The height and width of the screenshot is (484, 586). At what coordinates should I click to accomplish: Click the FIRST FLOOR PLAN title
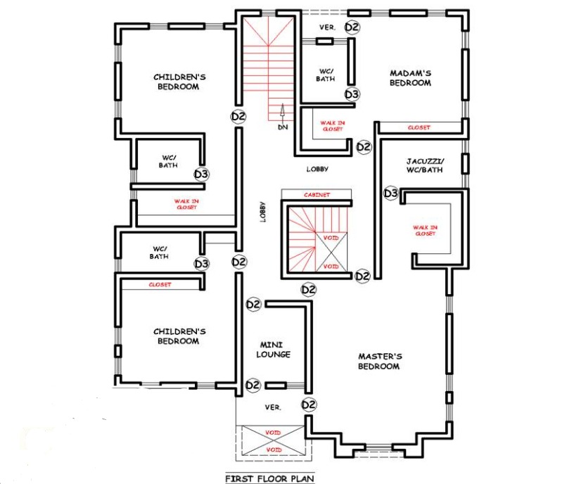point(269,478)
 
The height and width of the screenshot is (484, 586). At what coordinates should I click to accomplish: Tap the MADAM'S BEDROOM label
point(410,78)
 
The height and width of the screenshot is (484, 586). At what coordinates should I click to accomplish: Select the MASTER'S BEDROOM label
point(379,361)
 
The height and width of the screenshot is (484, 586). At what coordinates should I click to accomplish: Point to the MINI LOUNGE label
point(273,349)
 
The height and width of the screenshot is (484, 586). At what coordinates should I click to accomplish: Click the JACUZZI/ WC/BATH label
point(425,165)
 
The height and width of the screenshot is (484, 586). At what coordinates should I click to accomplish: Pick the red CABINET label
point(317,195)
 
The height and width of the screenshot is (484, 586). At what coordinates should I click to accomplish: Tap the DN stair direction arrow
point(283,113)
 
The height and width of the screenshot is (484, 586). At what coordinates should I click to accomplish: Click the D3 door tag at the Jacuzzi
point(391,193)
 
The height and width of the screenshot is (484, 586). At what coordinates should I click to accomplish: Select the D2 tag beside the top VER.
point(352,27)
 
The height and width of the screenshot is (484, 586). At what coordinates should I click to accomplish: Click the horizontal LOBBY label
point(317,169)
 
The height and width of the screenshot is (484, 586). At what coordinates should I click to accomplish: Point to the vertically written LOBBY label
point(263,212)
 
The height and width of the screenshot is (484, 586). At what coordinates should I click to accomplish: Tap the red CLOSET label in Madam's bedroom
point(419,127)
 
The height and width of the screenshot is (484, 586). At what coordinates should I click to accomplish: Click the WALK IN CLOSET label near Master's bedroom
point(426,230)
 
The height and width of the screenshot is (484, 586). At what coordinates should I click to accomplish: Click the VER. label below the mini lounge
point(273,407)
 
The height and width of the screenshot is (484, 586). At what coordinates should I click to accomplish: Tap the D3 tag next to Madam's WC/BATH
point(352,94)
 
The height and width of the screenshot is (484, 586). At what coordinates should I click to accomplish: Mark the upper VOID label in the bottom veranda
point(273,433)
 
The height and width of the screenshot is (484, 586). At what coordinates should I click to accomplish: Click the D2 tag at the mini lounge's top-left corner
point(253,304)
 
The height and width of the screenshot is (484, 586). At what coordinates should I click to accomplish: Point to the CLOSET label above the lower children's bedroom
point(160,284)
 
